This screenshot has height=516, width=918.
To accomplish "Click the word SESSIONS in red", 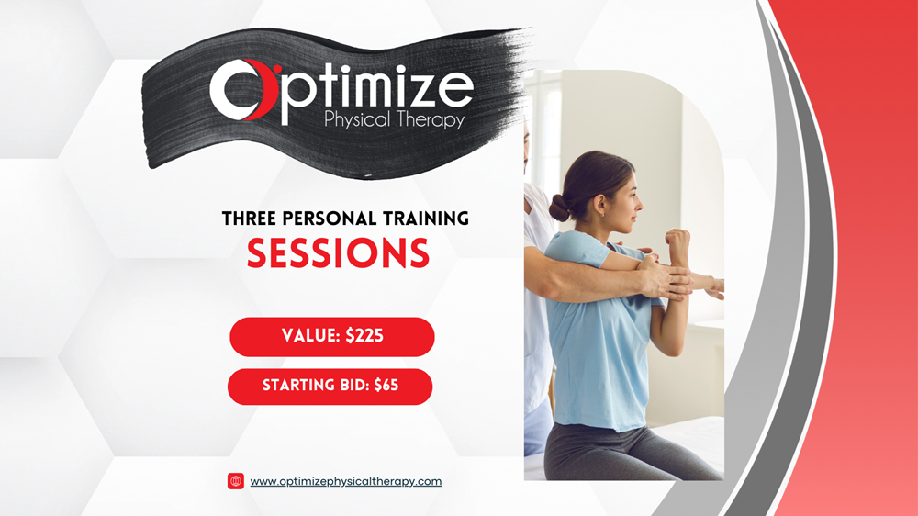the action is [339, 253].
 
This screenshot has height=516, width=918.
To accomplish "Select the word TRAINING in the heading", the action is [426, 219].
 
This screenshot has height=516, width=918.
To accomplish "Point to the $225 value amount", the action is [364, 336].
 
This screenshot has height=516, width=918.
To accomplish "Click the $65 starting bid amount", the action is [386, 385].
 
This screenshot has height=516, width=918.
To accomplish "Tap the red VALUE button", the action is [332, 337].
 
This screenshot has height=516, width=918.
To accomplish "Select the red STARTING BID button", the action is [330, 387].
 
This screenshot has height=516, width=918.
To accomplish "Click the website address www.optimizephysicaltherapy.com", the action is [346, 481].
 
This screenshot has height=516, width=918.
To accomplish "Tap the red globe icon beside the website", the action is [236, 481].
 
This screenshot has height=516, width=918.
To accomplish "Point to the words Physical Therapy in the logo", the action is [394, 120].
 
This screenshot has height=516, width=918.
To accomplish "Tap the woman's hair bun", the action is [559, 208].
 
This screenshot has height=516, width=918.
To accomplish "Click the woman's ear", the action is [599, 205].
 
